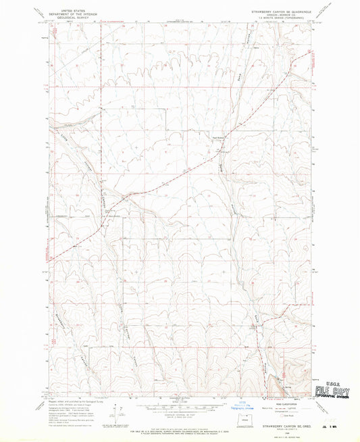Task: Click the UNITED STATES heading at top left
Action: pyautogui.click(x=70, y=11)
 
